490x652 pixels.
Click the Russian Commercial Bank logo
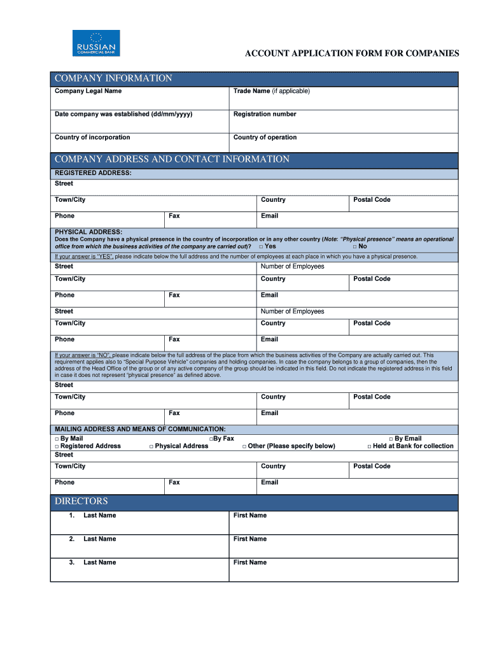click(x=95, y=43)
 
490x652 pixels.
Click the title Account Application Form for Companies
click(x=352, y=53)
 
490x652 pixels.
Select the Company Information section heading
click(x=113, y=78)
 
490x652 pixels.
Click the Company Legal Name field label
click(x=88, y=91)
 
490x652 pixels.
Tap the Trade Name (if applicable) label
click(x=271, y=91)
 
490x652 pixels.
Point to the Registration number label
click(x=265, y=114)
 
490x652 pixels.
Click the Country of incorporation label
click(x=92, y=137)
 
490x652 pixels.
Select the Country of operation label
click(x=265, y=137)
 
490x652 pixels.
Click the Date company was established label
click(x=123, y=114)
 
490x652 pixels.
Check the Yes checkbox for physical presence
click(x=261, y=246)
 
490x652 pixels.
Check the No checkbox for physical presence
click(x=354, y=246)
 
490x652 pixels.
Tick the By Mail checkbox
click(x=57, y=439)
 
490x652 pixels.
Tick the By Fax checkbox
click(x=211, y=439)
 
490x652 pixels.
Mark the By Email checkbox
click(x=391, y=439)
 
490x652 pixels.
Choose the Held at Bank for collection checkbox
click(x=369, y=446)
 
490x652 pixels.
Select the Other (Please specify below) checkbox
click(x=244, y=446)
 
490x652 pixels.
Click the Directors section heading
click(x=81, y=501)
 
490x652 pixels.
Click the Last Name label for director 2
click(x=99, y=539)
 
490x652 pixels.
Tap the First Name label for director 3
click(x=250, y=562)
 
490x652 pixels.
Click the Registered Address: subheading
click(x=93, y=173)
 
